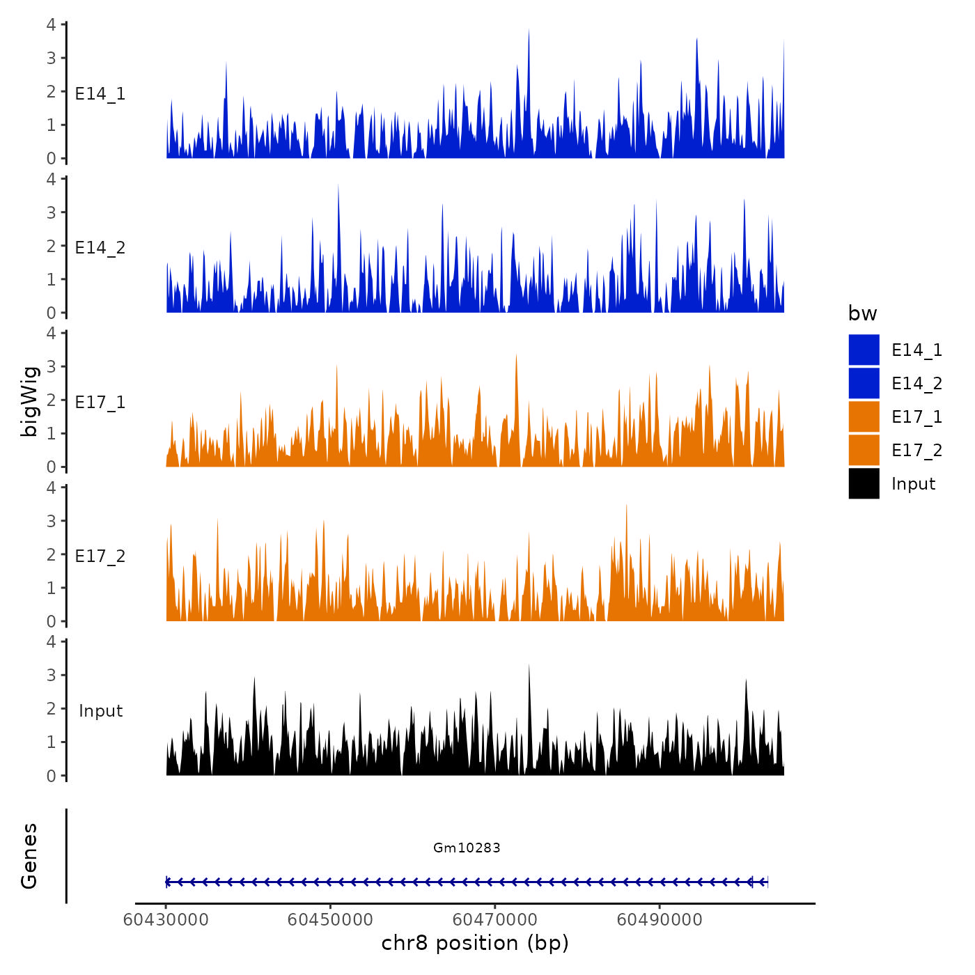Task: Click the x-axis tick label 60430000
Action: tap(166, 919)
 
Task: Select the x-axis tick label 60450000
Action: tap(330, 919)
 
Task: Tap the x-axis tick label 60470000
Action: tap(495, 919)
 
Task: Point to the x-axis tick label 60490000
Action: tap(660, 919)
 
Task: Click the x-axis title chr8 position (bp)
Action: tap(475, 943)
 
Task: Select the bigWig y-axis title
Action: tap(29, 401)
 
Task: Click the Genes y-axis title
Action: tap(29, 856)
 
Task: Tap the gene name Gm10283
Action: tap(467, 848)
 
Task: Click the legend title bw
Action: tap(862, 313)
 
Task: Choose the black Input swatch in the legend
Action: tap(864, 483)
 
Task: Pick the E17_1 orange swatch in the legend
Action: tap(864, 416)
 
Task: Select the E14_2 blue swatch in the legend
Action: tap(864, 383)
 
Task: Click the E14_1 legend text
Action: tap(916, 350)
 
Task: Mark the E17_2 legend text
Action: tap(916, 450)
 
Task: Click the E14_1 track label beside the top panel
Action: tap(100, 93)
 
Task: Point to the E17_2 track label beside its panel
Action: tap(100, 556)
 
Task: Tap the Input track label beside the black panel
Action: tap(100, 710)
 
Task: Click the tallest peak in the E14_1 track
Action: tap(529, 32)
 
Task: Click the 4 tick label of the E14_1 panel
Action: tap(51, 24)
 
